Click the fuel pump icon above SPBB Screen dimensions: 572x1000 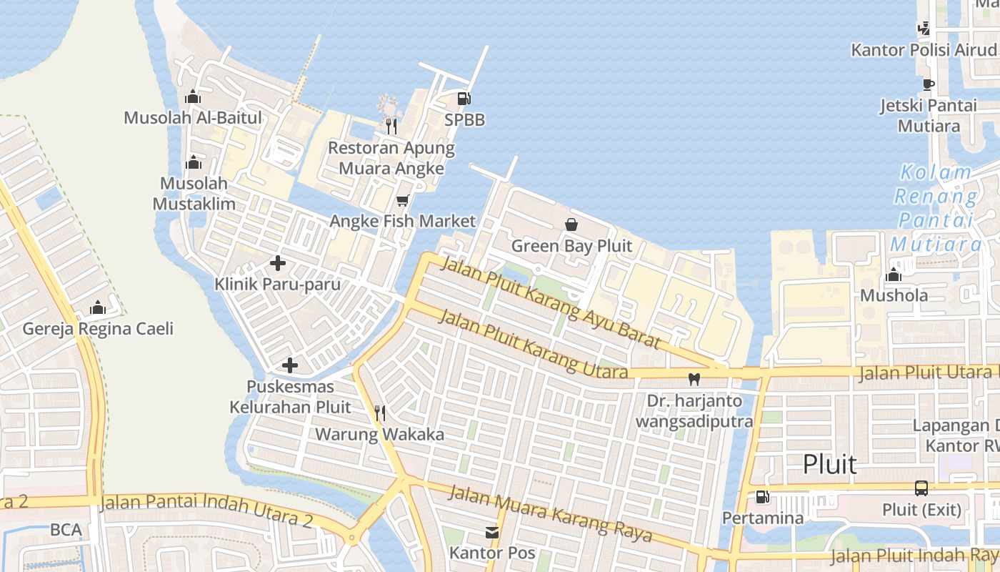[x=464, y=99]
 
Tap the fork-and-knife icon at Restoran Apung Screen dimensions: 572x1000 [x=391, y=127]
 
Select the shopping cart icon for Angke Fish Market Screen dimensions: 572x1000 [x=402, y=201]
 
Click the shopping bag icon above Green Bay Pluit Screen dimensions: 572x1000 [x=571, y=225]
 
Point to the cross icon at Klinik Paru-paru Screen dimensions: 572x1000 [x=278, y=263]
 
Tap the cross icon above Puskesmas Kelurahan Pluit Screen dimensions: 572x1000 [x=290, y=365]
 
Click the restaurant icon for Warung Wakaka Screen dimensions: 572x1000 [x=380, y=413]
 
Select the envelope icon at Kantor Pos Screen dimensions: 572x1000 [x=492, y=532]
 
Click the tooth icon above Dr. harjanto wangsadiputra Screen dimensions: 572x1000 [x=694, y=379]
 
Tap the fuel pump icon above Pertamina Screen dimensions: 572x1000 [x=763, y=496]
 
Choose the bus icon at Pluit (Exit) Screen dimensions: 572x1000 [x=921, y=488]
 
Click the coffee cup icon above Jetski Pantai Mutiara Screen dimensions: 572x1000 [x=928, y=84]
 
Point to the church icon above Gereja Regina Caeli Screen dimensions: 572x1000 [x=98, y=307]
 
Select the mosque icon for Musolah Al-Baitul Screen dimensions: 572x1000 [x=193, y=97]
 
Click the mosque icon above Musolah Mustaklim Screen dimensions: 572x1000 [x=193, y=162]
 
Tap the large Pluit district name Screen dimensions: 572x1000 [x=829, y=464]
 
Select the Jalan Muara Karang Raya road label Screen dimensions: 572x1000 [x=551, y=513]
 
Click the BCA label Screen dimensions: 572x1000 [x=66, y=530]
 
